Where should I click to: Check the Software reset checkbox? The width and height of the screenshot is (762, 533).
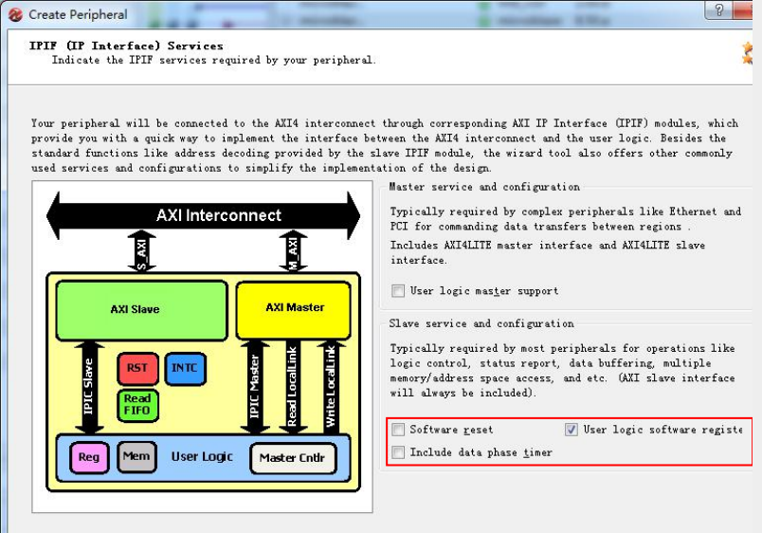pyautogui.click(x=398, y=430)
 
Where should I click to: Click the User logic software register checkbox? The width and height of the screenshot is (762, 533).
pyautogui.click(x=571, y=430)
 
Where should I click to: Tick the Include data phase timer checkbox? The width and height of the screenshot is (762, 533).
pyautogui.click(x=398, y=452)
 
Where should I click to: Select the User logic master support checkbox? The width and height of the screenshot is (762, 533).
pyautogui.click(x=398, y=291)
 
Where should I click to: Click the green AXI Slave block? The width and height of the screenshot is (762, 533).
pyautogui.click(x=136, y=309)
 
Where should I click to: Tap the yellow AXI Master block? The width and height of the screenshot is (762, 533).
pyautogui.click(x=295, y=308)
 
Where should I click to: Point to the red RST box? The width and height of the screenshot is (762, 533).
pyautogui.click(x=138, y=368)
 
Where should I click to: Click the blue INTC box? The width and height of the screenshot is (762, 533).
pyautogui.click(x=185, y=368)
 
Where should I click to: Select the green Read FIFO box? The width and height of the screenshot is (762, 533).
pyautogui.click(x=137, y=405)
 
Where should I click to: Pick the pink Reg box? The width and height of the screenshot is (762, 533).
pyautogui.click(x=89, y=458)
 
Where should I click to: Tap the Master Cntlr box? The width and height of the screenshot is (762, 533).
pyautogui.click(x=293, y=458)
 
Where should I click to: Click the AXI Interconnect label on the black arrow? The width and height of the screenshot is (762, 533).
pyautogui.click(x=218, y=215)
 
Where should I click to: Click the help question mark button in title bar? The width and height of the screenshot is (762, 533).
pyautogui.click(x=720, y=11)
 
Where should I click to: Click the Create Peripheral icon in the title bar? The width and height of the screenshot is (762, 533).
pyautogui.click(x=14, y=14)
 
